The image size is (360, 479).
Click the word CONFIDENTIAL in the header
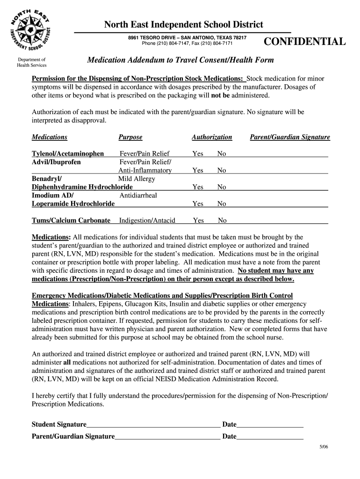tap(305, 42)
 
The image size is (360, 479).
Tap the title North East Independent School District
tap(183, 24)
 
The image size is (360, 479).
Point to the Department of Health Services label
tap(31, 63)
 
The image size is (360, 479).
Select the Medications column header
tap(50, 137)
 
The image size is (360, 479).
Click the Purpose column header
tap(130, 137)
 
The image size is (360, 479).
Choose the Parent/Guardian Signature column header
tap(290, 137)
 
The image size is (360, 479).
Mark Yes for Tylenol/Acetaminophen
tap(198, 153)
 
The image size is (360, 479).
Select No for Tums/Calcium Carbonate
tap(222, 220)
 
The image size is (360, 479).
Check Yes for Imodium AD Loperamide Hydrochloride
tap(198, 204)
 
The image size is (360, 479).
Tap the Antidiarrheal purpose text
tap(138, 196)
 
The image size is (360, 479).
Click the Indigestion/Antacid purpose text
tap(147, 220)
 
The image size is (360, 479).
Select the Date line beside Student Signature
tap(270, 425)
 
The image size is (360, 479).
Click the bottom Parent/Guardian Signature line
tap(167, 436)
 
